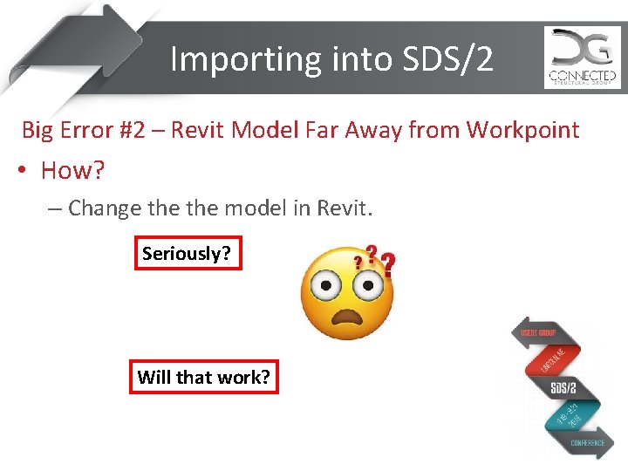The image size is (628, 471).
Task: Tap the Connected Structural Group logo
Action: coord(582,58)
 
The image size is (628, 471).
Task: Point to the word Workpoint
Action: coord(523,131)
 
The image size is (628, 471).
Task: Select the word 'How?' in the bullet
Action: coord(72,170)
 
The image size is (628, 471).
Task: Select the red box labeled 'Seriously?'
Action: coord(187,254)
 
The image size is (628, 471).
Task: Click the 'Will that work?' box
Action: coord(203,378)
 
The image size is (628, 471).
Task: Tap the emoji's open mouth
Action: coord(346,316)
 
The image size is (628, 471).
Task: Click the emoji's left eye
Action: coord(325,283)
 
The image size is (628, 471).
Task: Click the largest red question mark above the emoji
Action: coord(387,263)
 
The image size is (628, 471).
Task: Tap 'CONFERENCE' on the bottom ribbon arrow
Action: coord(588,442)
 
